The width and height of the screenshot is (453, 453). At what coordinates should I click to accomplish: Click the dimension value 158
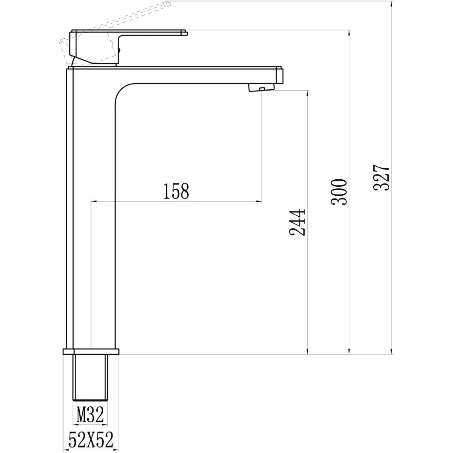(x=176, y=191)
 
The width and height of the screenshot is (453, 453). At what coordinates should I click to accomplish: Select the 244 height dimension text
(x=297, y=222)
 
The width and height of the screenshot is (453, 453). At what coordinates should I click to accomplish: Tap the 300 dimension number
(x=340, y=191)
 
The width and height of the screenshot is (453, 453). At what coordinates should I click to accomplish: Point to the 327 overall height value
(x=382, y=177)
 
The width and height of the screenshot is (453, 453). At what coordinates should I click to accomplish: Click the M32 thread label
(x=90, y=415)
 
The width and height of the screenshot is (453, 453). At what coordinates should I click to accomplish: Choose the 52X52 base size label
(x=91, y=440)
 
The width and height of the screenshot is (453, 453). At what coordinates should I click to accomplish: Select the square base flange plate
(x=91, y=351)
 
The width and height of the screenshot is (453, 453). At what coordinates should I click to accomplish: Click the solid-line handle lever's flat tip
(x=184, y=33)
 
